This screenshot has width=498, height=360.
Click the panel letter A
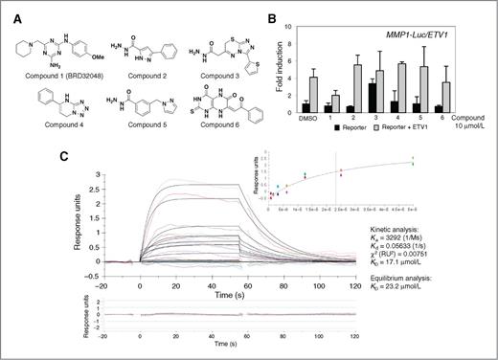tap(9, 11)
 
